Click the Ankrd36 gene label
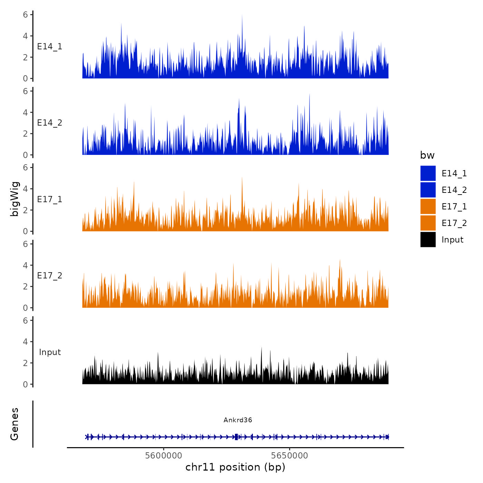coord(238,420)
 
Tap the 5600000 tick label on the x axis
coord(164,455)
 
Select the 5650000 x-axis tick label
coord(289,455)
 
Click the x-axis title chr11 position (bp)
coord(235,467)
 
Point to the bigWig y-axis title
coord(14,199)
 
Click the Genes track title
coord(14,424)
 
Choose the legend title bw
coord(427,155)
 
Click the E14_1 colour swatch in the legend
coord(428,173)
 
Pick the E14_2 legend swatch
coord(428,190)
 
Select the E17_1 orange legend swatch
coord(428,206)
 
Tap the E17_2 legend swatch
coord(428,223)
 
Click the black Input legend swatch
coord(428,239)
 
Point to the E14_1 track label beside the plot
coord(50,47)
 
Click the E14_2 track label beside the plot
coord(50,123)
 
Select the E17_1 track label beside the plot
coord(50,199)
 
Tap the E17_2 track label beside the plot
coord(50,276)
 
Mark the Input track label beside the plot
coord(50,352)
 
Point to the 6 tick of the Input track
coord(25,321)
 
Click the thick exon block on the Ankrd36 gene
coord(236,437)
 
